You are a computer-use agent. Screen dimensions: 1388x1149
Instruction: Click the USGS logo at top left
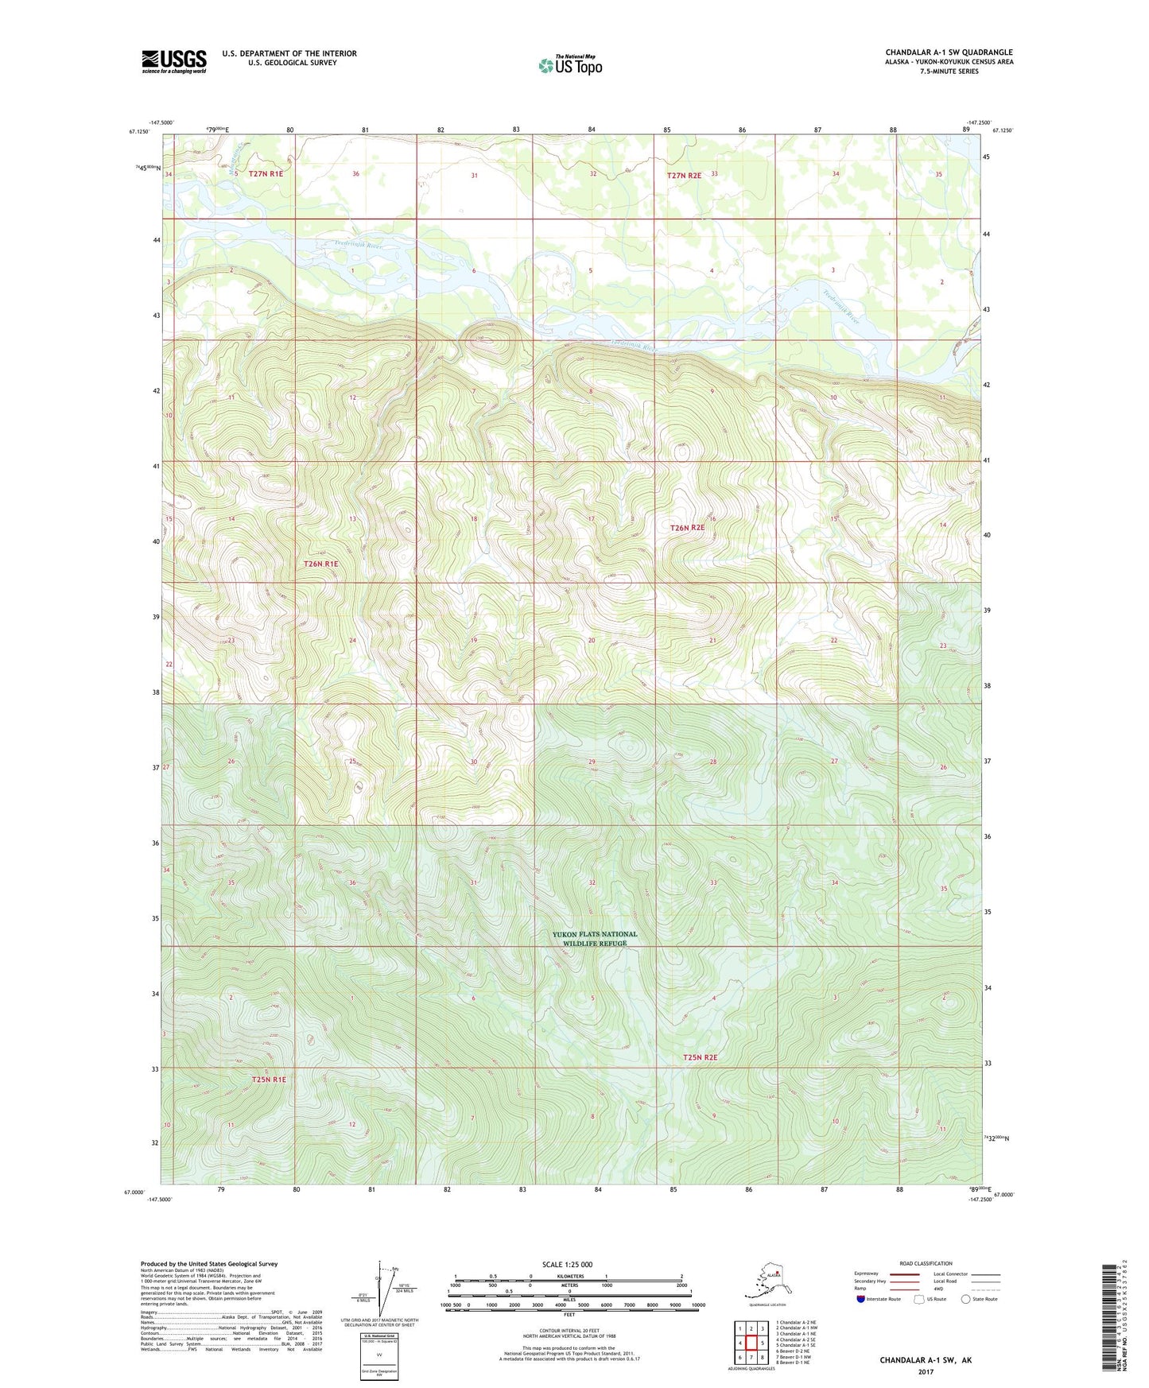[x=173, y=61]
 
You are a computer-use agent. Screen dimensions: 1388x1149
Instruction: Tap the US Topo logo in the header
[x=569, y=65]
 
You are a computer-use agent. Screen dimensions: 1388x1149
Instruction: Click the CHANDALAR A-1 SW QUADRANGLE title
[x=949, y=52]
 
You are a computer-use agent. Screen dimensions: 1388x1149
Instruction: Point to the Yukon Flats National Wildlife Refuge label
[x=595, y=939]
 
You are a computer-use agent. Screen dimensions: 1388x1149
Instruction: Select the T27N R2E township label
[x=684, y=174]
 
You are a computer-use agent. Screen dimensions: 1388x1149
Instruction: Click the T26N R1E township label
[x=320, y=564]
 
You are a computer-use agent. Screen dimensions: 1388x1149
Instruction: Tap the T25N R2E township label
[x=700, y=1057]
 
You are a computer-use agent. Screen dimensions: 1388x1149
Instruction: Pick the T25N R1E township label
[x=268, y=1080]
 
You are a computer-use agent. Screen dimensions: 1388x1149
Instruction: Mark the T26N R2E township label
[x=687, y=528]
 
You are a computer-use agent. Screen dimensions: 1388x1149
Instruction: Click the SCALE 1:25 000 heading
[x=567, y=1265]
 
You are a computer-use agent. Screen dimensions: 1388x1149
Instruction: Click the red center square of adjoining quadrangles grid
[x=751, y=1343]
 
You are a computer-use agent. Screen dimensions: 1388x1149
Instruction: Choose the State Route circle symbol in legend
[x=965, y=1299]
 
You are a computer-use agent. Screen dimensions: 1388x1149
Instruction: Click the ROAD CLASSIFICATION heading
[x=926, y=1263]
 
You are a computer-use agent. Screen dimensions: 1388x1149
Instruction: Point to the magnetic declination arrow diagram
[x=384, y=1292]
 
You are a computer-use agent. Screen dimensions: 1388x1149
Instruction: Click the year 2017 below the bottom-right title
[x=926, y=1372]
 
